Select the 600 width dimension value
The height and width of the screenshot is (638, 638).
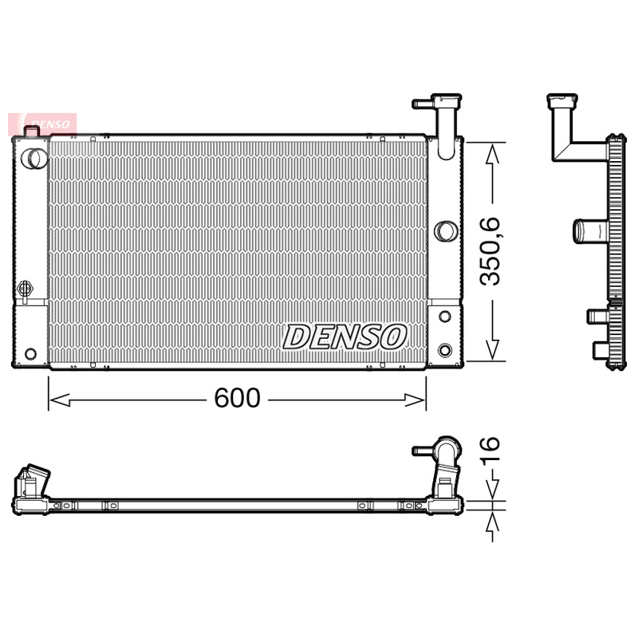[x=237, y=398]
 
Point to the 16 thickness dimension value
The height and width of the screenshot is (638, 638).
[x=490, y=451]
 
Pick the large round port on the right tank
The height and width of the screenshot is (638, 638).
[x=445, y=231]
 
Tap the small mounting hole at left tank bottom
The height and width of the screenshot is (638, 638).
[x=30, y=353]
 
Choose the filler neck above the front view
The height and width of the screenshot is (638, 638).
[x=441, y=112]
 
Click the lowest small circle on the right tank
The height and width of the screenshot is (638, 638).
[x=445, y=349]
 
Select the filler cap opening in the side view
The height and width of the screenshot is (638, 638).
[x=562, y=101]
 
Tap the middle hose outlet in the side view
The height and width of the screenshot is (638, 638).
[x=589, y=231]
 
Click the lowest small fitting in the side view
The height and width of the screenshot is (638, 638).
[x=600, y=349]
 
